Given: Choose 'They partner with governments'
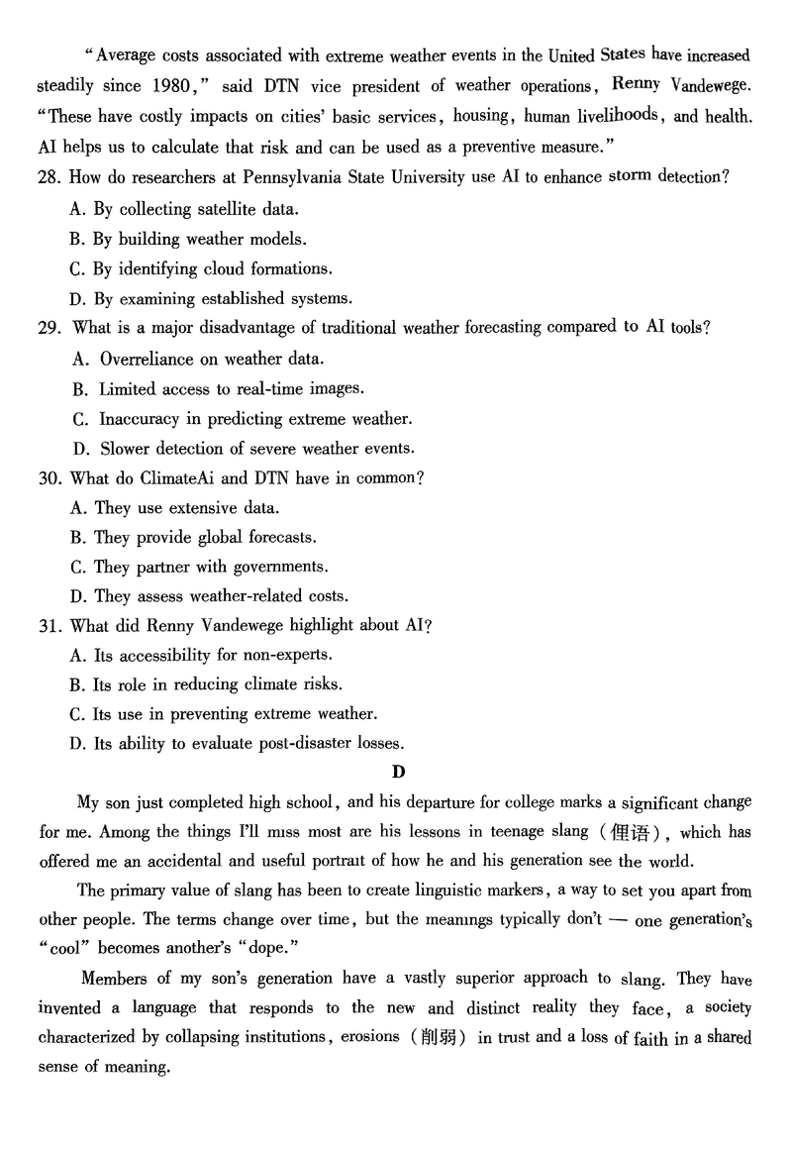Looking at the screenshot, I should tap(210, 567).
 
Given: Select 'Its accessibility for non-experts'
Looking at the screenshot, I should tap(213, 656).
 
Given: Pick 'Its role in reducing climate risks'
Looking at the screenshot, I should tap(219, 684).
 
